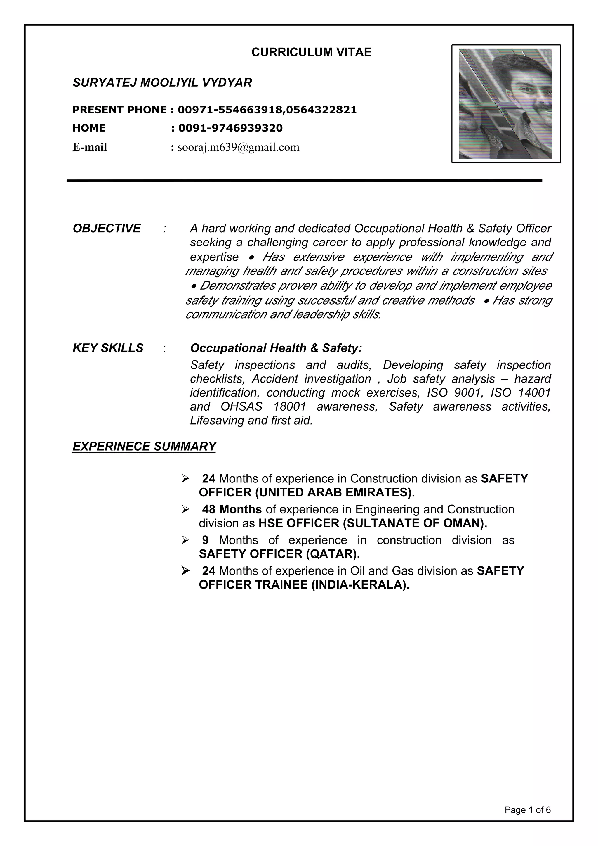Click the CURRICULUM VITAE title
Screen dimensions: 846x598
311,52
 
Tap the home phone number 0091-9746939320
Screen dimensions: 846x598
230,128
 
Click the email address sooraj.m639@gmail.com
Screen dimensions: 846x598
238,147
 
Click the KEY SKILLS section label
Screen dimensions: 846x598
107,348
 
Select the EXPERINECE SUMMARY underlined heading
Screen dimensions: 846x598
144,446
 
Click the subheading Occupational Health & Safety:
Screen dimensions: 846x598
276,348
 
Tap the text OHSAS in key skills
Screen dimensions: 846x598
241,406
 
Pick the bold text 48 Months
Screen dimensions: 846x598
232,509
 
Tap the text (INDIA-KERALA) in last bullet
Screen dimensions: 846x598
360,585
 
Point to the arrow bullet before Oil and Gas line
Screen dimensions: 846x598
185,571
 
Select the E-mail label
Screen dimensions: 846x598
90,147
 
